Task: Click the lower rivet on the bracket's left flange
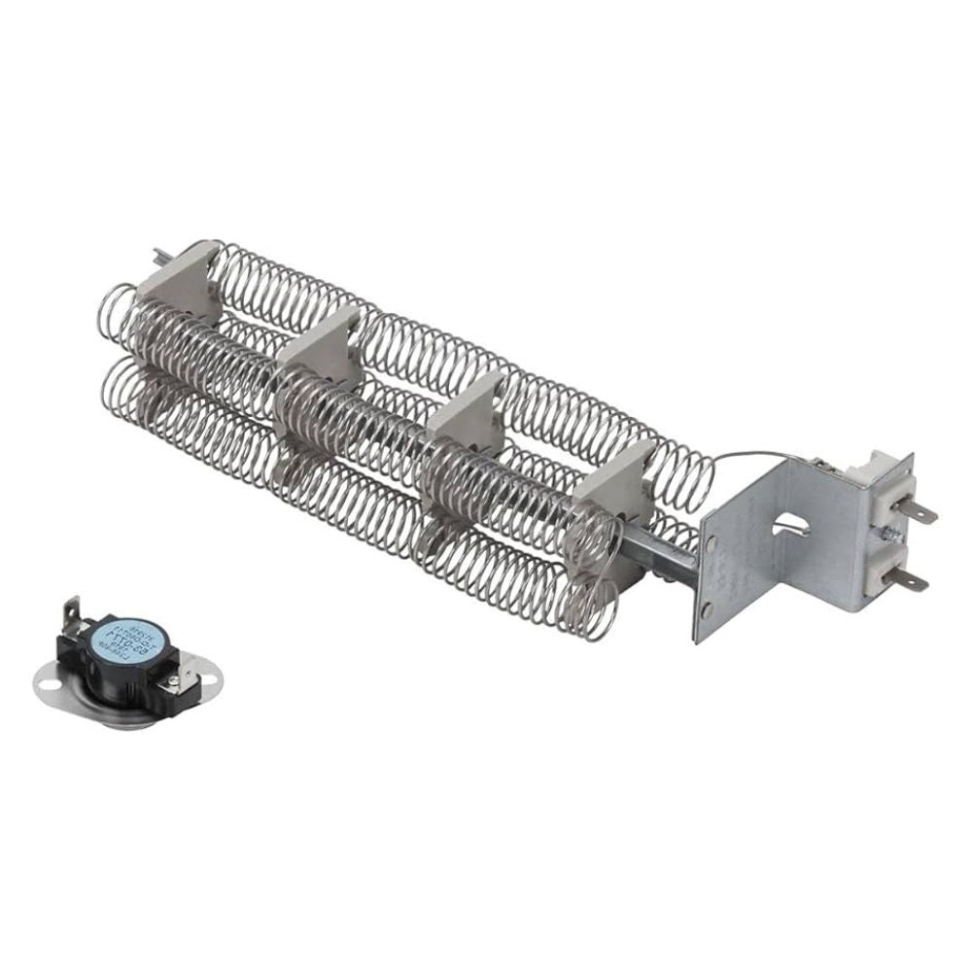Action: click(707, 609)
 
